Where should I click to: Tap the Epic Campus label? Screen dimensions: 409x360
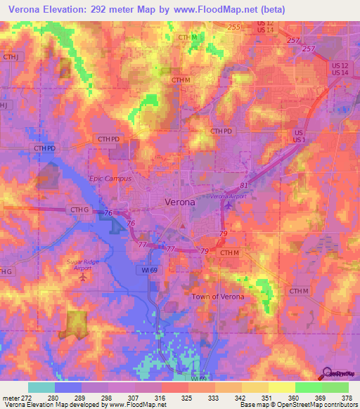tap(107, 178)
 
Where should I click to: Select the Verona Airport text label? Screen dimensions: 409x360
tap(229, 197)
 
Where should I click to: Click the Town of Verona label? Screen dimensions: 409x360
tap(219, 297)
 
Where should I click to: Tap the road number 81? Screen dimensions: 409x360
tap(244, 185)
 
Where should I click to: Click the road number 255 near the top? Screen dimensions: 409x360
tap(233, 27)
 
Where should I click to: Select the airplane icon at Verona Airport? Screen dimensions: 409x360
tap(226, 206)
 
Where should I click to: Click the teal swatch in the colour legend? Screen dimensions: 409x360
tap(41, 387)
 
